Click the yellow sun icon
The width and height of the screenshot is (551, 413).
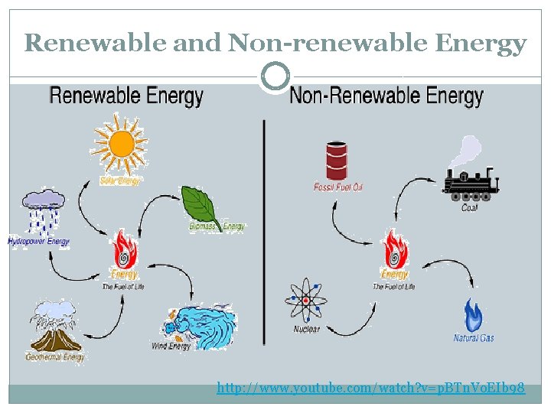(121, 144)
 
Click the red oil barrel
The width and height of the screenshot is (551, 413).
(337, 160)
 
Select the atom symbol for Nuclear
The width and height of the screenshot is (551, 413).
(306, 301)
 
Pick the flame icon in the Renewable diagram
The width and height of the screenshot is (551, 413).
(123, 249)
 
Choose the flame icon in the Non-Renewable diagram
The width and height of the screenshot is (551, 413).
(394, 249)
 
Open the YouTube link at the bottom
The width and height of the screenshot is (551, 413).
(370, 389)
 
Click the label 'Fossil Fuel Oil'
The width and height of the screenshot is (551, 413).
(337, 187)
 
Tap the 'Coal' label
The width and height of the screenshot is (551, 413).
(469, 208)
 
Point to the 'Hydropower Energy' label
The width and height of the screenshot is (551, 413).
(39, 242)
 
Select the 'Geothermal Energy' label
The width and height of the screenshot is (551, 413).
(55, 357)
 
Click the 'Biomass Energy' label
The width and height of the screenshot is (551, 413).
(217, 226)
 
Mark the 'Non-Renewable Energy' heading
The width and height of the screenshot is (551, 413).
(386, 96)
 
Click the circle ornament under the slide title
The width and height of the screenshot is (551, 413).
(275, 76)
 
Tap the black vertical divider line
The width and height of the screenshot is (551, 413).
(264, 229)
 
